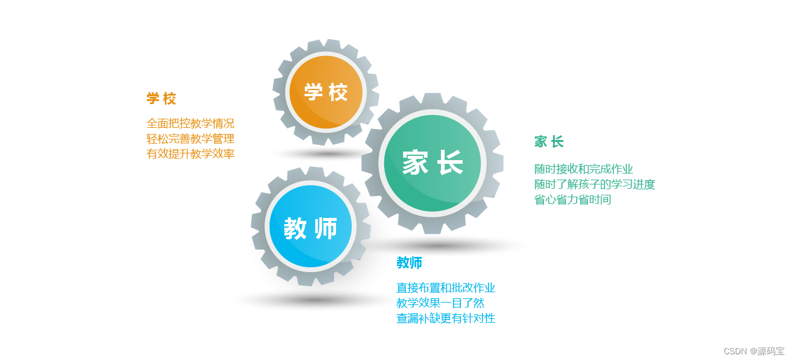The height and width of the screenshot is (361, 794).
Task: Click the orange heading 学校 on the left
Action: (x=161, y=99)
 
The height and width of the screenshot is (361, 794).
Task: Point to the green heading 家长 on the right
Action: (x=549, y=142)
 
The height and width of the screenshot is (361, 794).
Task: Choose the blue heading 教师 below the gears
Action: (x=409, y=263)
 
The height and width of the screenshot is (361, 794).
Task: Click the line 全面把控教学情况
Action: (x=190, y=123)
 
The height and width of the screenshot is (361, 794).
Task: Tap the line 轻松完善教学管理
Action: (x=190, y=138)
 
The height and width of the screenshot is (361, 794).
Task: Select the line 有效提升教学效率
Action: (x=190, y=153)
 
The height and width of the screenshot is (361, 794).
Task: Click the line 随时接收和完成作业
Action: (x=584, y=169)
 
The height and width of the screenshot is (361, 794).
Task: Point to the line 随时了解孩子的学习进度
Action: (x=595, y=184)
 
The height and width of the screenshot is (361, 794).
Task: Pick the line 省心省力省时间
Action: (x=573, y=200)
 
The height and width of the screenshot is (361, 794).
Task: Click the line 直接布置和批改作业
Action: (x=446, y=287)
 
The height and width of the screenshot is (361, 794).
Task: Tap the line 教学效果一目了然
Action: (x=440, y=303)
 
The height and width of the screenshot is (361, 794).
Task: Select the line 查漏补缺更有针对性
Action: (x=446, y=318)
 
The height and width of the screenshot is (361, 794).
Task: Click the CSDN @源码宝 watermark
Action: (x=754, y=351)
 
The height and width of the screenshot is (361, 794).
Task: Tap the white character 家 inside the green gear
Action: (x=415, y=163)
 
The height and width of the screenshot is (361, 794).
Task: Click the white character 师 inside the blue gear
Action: (x=326, y=229)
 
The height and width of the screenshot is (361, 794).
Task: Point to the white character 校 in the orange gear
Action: (x=338, y=93)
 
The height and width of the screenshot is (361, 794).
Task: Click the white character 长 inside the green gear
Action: (x=450, y=163)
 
